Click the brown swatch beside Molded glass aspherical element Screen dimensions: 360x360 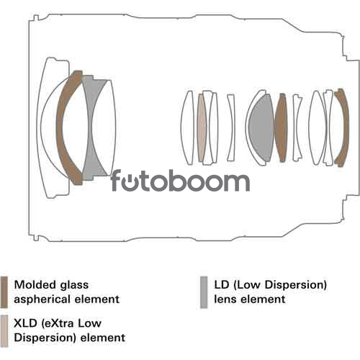coord(4,292)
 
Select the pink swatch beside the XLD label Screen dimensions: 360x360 coord(4,330)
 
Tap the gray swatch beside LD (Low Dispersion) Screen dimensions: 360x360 coord(204,292)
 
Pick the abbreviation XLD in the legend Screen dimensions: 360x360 coord(26,323)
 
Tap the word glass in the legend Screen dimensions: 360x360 coord(74,286)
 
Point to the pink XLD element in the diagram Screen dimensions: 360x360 coord(202,127)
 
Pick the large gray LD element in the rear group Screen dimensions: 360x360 coord(261,127)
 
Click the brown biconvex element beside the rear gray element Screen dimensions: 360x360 coord(281,127)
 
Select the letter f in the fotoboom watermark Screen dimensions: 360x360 coord(116,181)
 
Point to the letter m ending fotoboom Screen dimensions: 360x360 coord(235,182)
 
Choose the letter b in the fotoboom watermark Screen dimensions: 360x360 coord(179,181)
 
